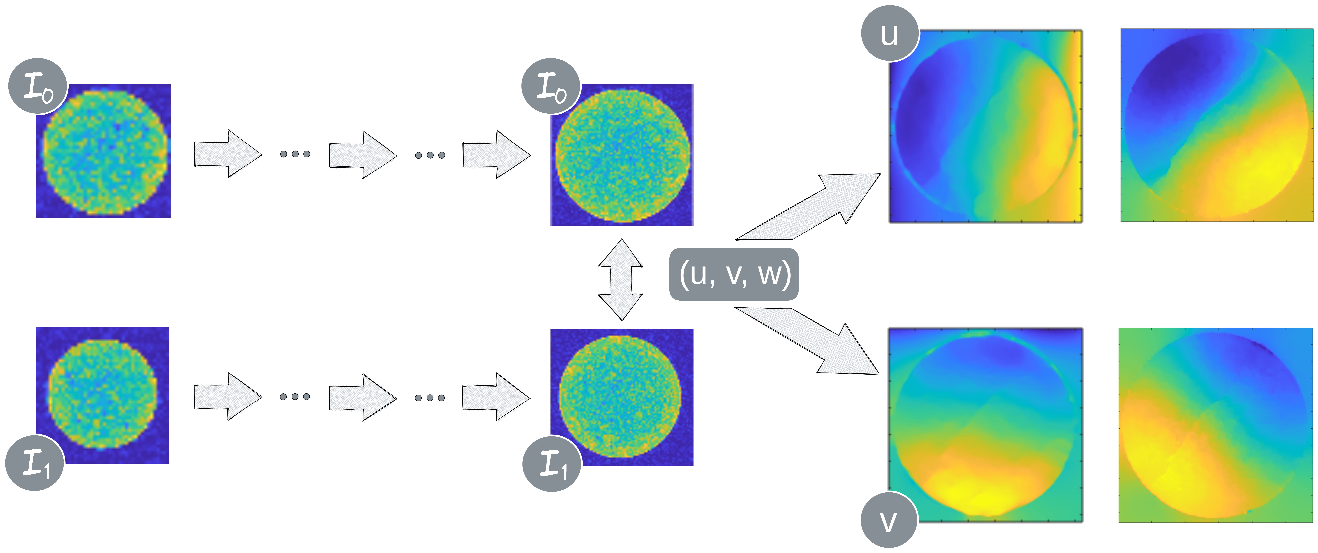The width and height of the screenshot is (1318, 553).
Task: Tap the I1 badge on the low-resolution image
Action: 34,463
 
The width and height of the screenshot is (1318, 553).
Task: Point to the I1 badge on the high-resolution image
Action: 551,464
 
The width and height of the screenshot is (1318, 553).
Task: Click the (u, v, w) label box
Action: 734,274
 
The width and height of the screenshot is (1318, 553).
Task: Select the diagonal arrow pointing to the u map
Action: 814,205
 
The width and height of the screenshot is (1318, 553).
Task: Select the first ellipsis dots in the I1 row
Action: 295,396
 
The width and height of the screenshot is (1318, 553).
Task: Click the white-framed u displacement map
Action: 986,127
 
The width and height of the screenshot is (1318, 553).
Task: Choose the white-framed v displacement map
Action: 986,426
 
